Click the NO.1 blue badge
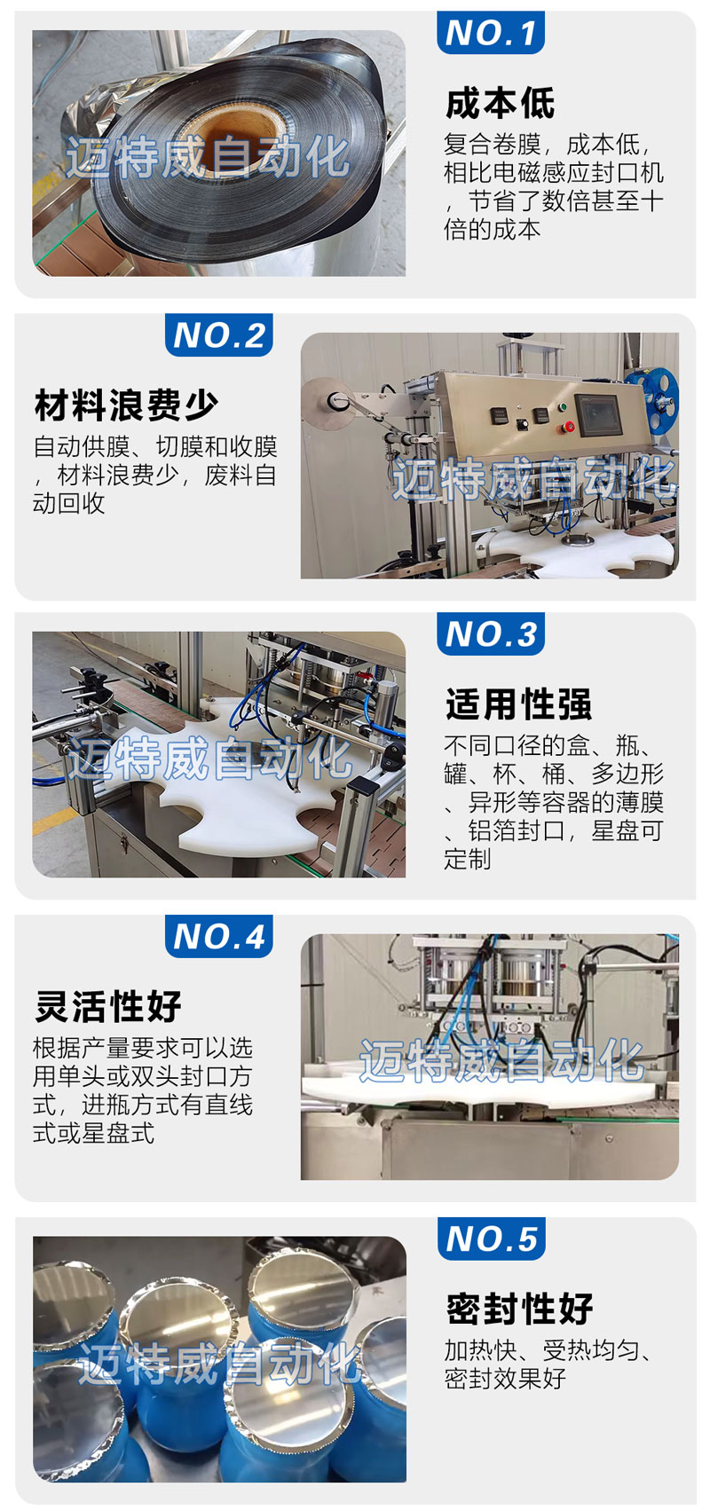[x=490, y=32]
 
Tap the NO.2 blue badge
[x=219, y=334]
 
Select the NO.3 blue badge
[x=490, y=633]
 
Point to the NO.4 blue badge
[x=219, y=936]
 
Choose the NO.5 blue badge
[x=491, y=1239]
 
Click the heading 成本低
[x=500, y=104]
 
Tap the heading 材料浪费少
[x=126, y=405]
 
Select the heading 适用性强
[x=518, y=704]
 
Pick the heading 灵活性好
[x=108, y=1006]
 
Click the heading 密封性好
[x=519, y=1309]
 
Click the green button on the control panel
[x=562, y=407]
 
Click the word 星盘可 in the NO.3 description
[x=627, y=830]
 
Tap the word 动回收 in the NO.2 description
[x=68, y=503]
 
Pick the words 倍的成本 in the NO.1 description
[x=493, y=230]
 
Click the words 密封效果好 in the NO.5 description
[x=505, y=1379]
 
